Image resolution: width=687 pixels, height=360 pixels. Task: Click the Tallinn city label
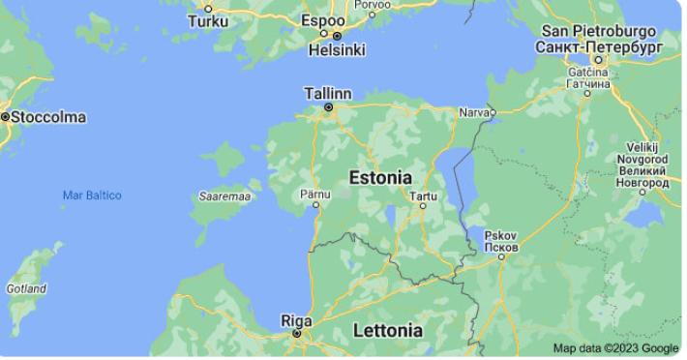328,93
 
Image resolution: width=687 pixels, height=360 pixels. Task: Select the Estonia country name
380,178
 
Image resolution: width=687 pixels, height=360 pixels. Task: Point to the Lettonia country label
387,330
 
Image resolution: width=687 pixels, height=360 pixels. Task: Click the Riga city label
296,319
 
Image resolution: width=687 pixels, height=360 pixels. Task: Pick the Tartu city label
424,196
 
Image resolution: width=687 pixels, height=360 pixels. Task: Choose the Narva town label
470,112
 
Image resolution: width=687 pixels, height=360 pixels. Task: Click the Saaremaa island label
225,196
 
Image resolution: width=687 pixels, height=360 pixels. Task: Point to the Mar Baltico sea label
92,195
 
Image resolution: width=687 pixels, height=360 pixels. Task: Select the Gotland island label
26,288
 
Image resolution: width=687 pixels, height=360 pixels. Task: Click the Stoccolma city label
47,117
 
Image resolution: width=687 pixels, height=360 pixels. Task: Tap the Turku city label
208,20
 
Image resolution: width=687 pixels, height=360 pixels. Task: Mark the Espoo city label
322,20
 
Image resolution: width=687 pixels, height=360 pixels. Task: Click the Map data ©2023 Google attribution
615,348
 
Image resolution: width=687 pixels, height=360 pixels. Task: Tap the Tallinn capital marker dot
328,106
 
